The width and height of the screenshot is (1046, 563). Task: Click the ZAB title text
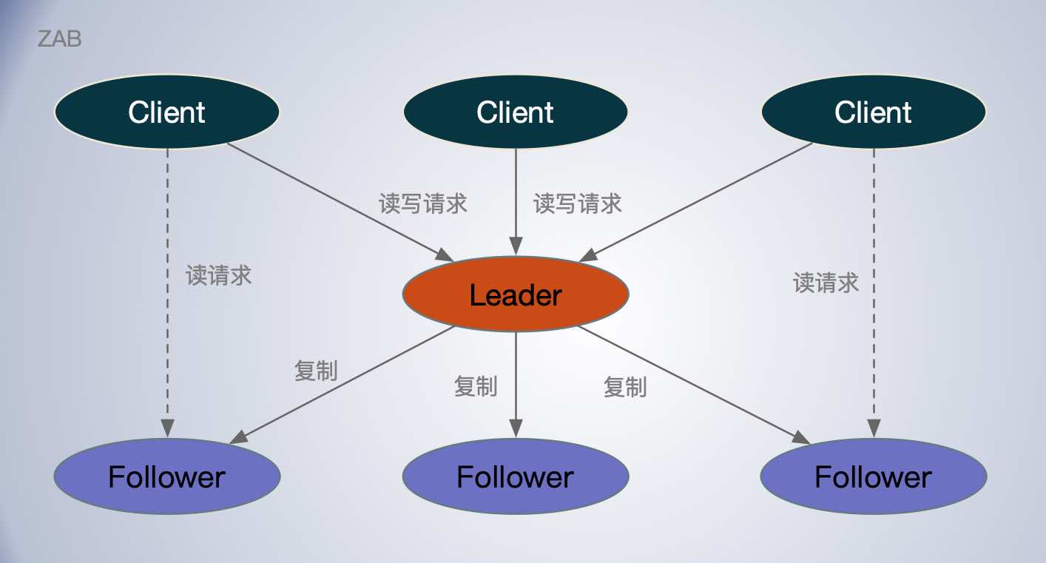tap(59, 39)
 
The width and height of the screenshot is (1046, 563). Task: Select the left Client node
tap(167, 112)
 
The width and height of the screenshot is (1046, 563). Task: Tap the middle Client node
tap(516, 112)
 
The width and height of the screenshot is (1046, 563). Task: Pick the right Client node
tap(874, 112)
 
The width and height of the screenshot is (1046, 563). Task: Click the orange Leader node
tap(516, 295)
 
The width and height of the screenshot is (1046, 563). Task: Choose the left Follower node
tap(167, 476)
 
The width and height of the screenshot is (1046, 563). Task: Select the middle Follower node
tap(516, 476)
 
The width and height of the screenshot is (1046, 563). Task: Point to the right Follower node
tap(874, 476)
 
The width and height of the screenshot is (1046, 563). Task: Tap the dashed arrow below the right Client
tap(874, 348)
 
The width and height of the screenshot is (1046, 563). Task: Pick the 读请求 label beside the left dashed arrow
tap(219, 275)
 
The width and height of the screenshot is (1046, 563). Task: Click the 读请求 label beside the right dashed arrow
tap(826, 282)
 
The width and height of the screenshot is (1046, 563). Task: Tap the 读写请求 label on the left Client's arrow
tap(424, 203)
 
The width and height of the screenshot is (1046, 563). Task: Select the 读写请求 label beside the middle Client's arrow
tap(578, 203)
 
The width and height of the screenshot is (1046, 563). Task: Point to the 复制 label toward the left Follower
tap(317, 371)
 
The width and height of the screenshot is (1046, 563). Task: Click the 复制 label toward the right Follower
tap(625, 386)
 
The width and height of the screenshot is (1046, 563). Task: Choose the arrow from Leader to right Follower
tap(695, 385)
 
